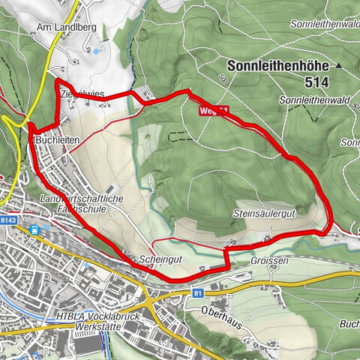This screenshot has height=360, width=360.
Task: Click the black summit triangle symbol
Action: pyautogui.click(x=339, y=65)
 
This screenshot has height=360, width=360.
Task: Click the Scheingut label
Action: pyautogui.click(x=157, y=258)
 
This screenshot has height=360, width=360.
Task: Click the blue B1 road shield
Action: pyautogui.click(x=198, y=293)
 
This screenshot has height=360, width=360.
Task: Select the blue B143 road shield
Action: pyautogui.click(x=8, y=220)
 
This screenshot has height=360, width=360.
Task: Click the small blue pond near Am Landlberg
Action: pyautogui.click(x=95, y=51)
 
